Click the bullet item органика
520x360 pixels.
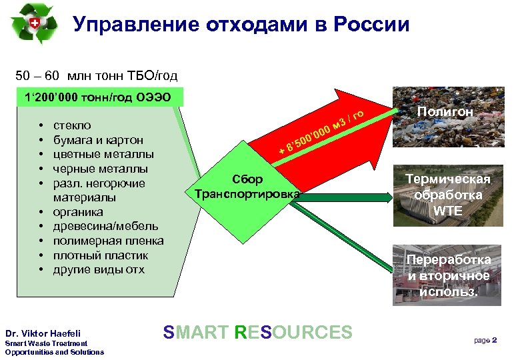[78, 212]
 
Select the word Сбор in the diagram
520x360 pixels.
[247, 179]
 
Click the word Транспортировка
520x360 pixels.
[247, 194]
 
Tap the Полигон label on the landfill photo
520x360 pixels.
[446, 113]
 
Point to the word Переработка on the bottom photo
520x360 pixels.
[451, 259]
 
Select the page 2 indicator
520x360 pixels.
[485, 340]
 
